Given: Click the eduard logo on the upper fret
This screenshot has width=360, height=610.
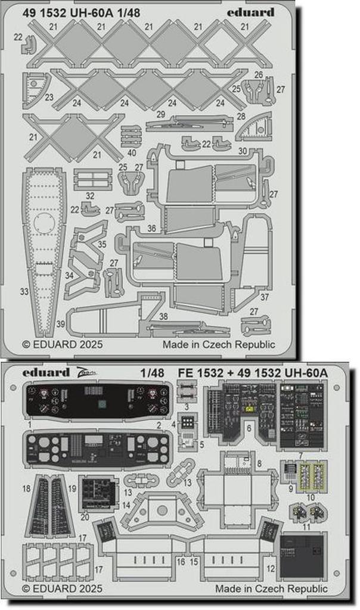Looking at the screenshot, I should (x=252, y=12).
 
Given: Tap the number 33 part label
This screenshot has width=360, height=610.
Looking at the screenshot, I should (x=24, y=291).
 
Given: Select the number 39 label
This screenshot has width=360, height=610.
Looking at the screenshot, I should (x=61, y=323).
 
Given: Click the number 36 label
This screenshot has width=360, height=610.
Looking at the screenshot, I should (x=151, y=228).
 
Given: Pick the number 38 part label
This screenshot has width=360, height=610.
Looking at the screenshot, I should (x=163, y=316).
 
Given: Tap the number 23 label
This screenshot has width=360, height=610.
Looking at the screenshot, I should (x=49, y=97).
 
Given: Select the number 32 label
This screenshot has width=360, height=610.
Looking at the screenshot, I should (x=90, y=195).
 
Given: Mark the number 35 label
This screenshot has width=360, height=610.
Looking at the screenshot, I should (x=102, y=244).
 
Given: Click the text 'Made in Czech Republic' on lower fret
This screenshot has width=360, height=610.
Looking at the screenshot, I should (x=271, y=589).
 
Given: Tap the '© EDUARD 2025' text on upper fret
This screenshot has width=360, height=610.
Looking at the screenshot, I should (x=62, y=344).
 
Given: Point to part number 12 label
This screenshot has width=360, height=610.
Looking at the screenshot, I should (x=271, y=569).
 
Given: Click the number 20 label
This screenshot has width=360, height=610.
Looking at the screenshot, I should (x=85, y=517).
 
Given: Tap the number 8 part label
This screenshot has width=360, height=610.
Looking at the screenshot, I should (x=259, y=463).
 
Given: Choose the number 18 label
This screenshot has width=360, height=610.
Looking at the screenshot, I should (x=26, y=488).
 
